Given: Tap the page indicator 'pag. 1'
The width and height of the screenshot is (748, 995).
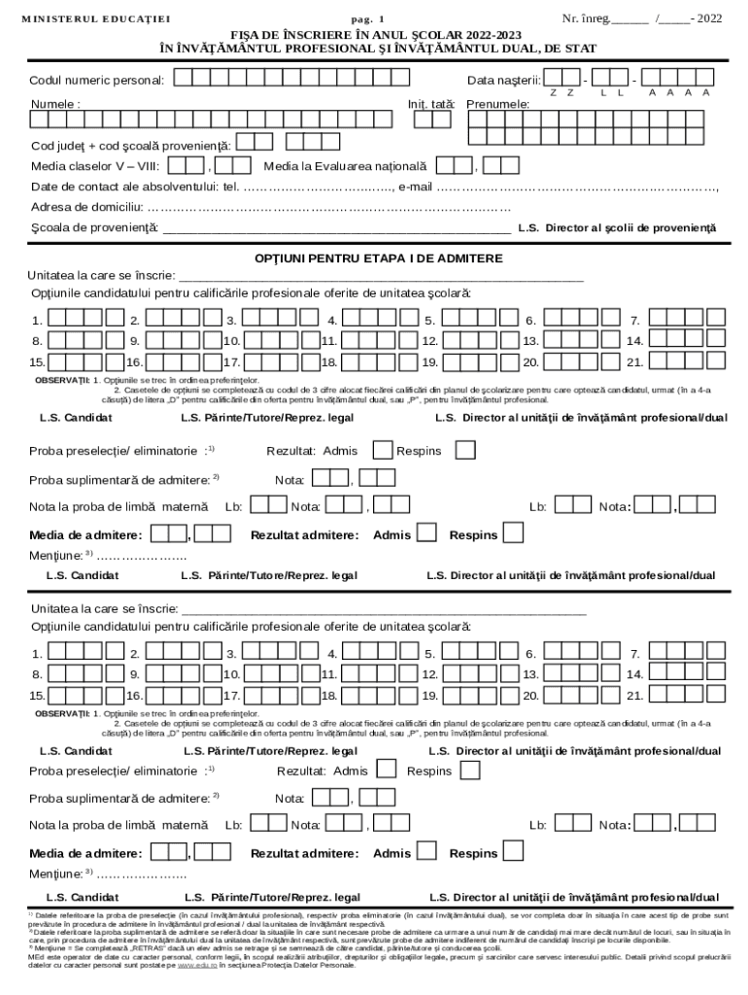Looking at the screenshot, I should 367,19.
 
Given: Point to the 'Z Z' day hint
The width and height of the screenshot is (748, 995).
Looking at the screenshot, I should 561,92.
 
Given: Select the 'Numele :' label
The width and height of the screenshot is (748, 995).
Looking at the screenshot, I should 55,103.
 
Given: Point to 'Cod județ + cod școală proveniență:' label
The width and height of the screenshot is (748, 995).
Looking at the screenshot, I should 131,146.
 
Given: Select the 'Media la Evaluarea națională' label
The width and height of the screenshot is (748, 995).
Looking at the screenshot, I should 345,166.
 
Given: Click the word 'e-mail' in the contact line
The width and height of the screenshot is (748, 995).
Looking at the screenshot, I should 415,187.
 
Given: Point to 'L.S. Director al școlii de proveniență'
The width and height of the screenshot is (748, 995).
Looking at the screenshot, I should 617,228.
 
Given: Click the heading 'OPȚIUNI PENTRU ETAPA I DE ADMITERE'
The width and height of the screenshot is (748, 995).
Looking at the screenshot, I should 379,258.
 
